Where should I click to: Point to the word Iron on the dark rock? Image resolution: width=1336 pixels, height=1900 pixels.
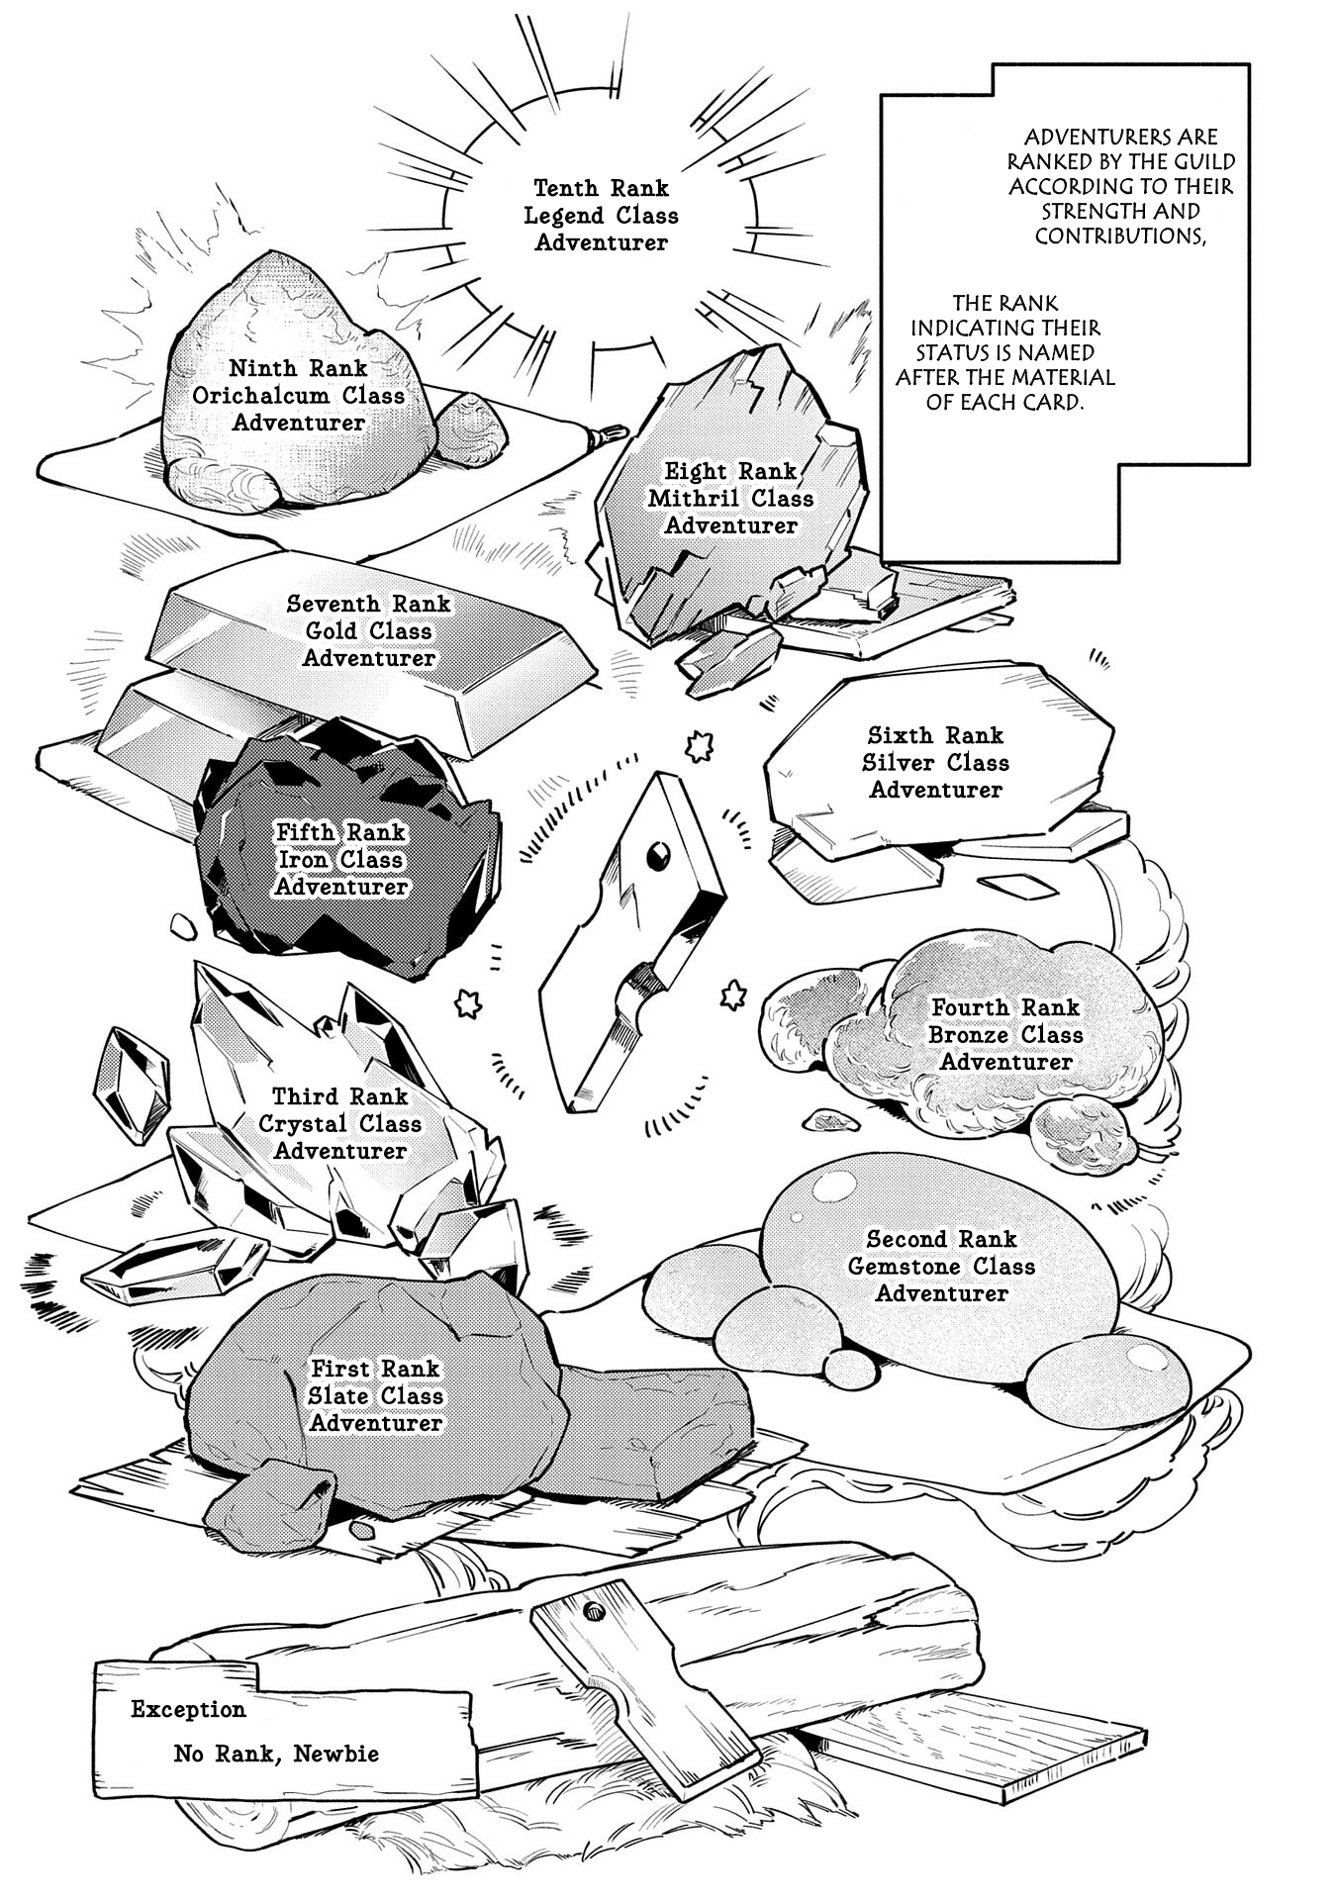point(300,860)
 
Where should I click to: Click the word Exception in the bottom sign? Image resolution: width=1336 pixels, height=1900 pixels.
point(189,1709)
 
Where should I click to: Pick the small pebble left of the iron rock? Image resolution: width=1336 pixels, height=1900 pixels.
point(181,926)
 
